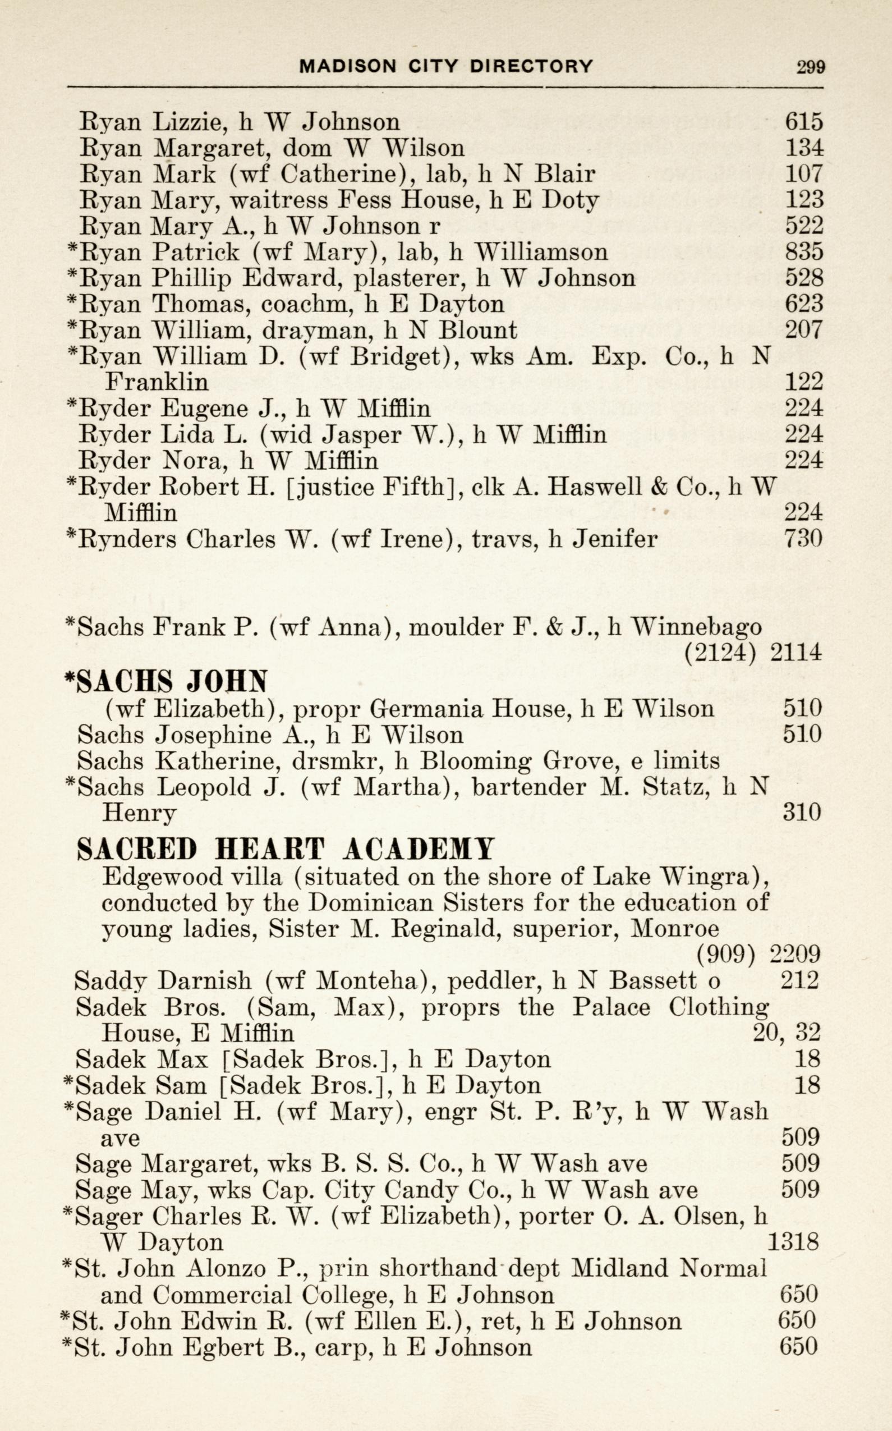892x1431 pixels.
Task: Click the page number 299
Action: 811,67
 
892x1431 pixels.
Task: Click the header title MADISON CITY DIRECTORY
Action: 446,66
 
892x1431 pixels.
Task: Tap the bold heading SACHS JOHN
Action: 167,682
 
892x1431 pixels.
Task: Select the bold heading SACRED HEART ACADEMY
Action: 286,850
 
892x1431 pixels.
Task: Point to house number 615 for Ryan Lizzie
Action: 803,122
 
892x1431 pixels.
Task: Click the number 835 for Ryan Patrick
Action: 803,252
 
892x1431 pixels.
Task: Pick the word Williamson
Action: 541,253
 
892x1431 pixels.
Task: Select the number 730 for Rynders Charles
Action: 803,538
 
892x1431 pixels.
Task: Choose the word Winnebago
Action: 696,626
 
